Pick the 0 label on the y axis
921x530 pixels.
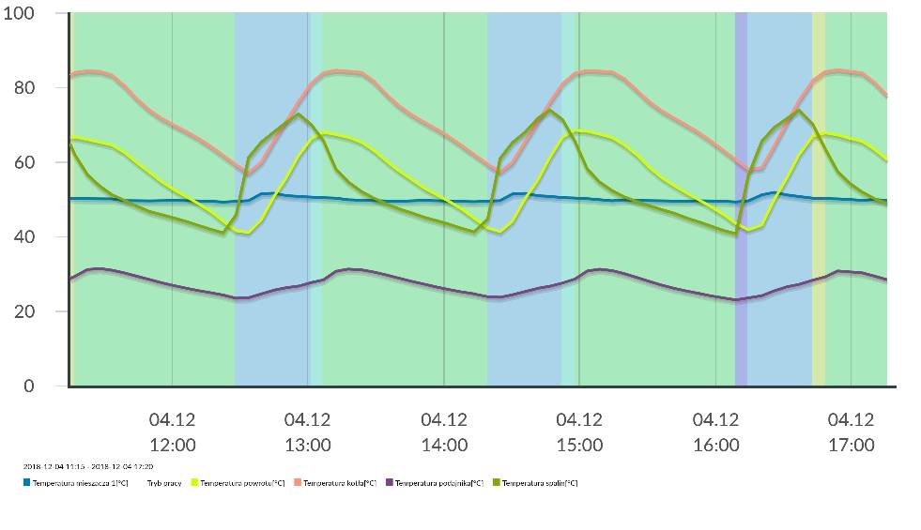click(29, 386)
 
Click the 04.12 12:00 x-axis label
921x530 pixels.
click(173, 432)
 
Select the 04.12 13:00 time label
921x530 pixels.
click(308, 432)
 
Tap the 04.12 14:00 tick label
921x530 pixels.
click(444, 432)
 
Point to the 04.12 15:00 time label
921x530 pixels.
click(579, 432)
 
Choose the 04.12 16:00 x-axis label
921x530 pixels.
click(715, 432)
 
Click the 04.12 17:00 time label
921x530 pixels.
click(851, 432)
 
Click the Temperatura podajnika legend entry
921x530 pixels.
click(437, 483)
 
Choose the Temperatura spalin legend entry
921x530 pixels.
click(539, 483)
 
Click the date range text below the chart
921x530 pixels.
click(88, 466)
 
